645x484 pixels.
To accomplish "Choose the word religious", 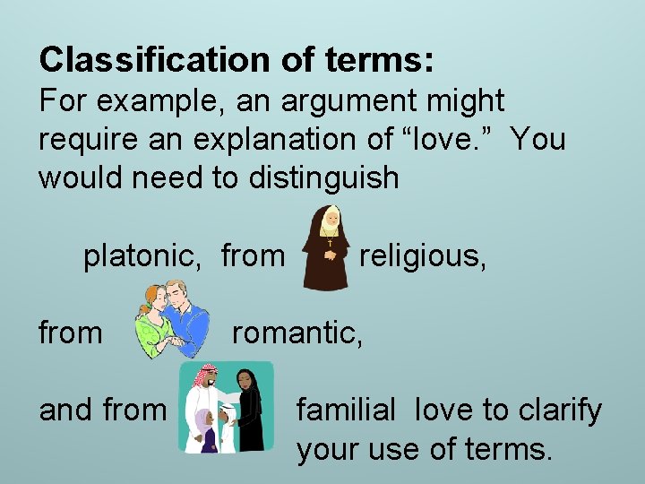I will point(423,256).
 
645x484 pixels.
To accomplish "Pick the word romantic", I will point(297,333).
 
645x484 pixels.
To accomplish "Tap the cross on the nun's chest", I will point(329,243).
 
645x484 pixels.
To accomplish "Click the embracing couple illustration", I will point(173,319).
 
